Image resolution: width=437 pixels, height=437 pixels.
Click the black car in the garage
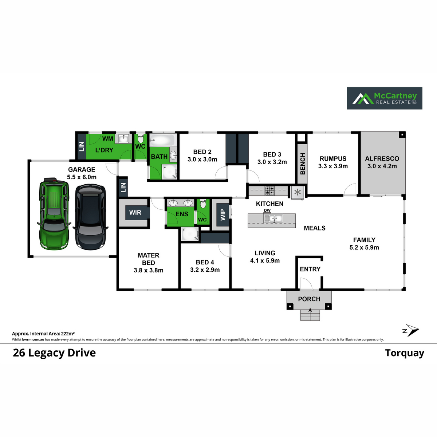click(90, 217)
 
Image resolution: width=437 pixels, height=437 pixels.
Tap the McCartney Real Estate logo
click(384, 98)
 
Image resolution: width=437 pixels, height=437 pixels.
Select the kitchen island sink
click(273, 219)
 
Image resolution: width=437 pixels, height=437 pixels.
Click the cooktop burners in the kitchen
click(269, 190)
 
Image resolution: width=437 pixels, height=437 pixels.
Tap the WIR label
click(135, 213)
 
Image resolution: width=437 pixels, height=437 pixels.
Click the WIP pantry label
click(223, 214)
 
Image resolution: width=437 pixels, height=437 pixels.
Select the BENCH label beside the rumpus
click(302, 164)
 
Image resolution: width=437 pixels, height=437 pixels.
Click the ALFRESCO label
click(382, 159)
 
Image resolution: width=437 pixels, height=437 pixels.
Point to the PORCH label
click(309, 299)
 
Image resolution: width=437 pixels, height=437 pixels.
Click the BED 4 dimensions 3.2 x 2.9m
click(205, 270)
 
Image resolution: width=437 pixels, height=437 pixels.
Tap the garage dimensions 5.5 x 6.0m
click(82, 177)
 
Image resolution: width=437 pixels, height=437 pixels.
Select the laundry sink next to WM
click(123, 139)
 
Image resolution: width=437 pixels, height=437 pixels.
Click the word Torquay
click(405, 353)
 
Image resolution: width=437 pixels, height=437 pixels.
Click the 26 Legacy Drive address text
click(54, 353)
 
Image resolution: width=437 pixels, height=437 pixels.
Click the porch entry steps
click(310, 315)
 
